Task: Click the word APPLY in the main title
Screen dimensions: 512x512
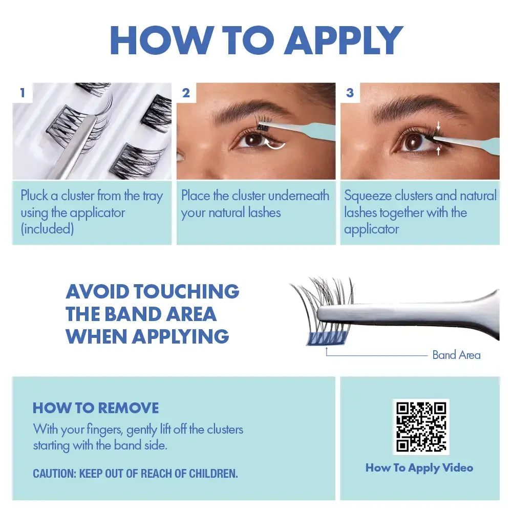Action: tap(344, 39)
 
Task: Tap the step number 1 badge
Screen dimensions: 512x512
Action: tap(22, 93)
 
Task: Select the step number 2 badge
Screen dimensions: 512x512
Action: tap(186, 93)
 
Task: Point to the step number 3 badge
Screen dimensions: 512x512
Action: tap(350, 93)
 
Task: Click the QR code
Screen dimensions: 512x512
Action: tap(421, 426)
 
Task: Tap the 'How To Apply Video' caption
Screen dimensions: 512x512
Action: tap(419, 467)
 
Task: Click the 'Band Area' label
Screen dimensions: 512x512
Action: tap(456, 355)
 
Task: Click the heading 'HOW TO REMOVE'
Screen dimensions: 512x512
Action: tap(96, 408)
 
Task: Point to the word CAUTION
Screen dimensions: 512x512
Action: tap(54, 474)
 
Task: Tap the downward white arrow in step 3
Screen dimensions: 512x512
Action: tap(438, 124)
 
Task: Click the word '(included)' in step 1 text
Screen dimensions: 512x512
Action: tap(47, 228)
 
